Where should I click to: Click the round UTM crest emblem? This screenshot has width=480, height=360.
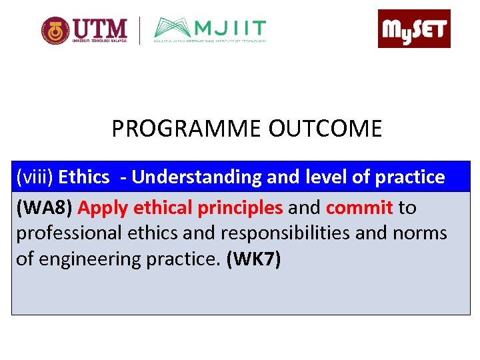[55, 31]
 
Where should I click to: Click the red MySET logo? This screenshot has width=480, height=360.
[414, 29]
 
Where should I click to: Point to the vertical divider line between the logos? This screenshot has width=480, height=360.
[139, 31]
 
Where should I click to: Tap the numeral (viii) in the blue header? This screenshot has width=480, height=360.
[35, 177]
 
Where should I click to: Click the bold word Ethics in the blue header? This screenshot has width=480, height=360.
[84, 177]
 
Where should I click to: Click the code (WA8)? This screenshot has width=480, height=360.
[44, 208]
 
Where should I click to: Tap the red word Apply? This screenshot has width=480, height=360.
[103, 208]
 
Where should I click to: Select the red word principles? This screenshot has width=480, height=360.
[241, 208]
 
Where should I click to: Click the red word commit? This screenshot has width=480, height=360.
[359, 208]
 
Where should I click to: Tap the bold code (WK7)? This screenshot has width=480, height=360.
[254, 259]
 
